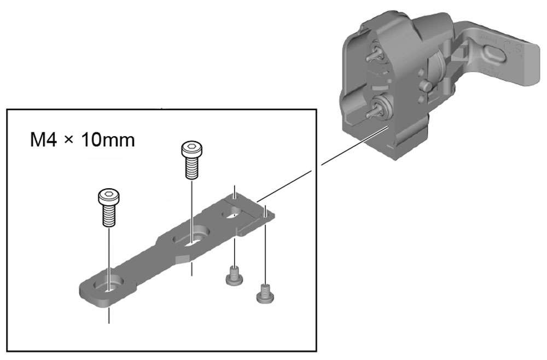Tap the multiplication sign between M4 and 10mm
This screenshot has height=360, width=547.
[70, 141]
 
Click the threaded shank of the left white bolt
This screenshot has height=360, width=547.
[109, 216]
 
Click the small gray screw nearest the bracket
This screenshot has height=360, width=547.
[234, 276]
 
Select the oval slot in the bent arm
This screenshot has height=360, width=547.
[496, 55]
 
